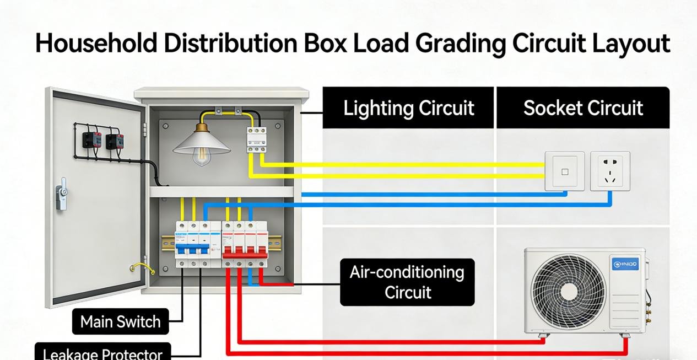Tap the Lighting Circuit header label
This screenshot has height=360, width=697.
408,108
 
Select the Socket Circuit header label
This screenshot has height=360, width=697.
583,108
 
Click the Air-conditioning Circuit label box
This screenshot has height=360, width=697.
407,282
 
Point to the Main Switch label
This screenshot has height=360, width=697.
120,321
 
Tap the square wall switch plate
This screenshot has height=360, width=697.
565,171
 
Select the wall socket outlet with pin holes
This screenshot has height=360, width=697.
610,171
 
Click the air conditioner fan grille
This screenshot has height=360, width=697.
568,292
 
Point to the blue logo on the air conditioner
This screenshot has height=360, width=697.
625,265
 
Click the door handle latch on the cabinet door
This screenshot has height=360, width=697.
62,194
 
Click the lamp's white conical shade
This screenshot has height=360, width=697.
202,143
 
